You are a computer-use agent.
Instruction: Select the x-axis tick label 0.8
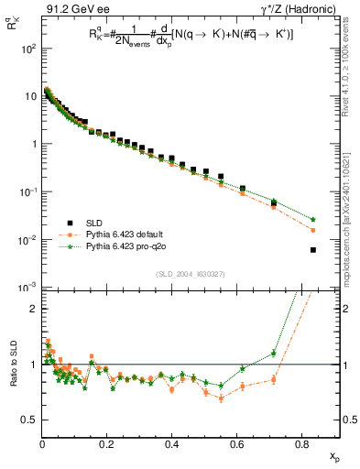point(302,445)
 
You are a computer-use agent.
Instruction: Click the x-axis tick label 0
point(42,445)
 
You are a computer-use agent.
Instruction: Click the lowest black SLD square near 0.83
point(313,250)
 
